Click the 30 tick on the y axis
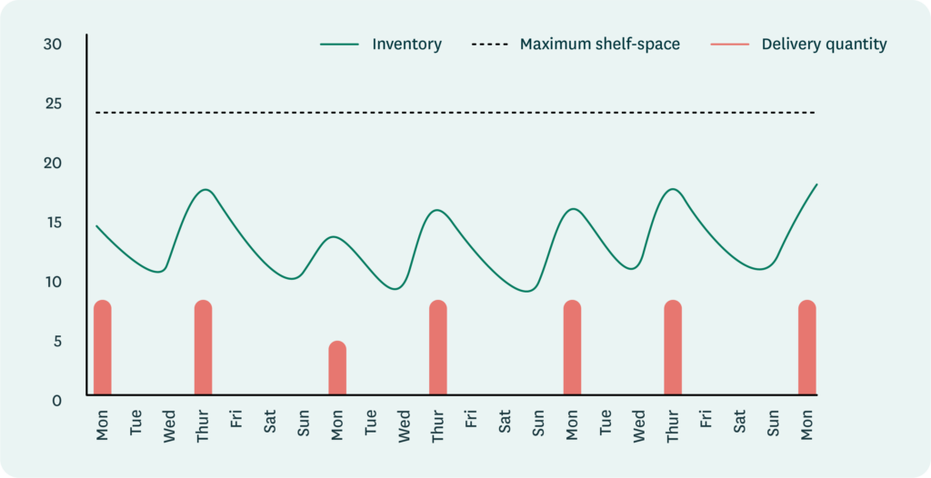54,44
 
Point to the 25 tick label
54,104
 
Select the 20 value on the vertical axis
54,164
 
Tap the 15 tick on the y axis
54,223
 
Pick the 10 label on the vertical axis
54,282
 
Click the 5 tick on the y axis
57,341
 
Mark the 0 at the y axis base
57,399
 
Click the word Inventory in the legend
406,44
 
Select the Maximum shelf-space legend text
599,44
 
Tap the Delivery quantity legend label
824,44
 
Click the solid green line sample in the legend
341,44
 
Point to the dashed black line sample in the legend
490,44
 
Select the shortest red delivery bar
337,368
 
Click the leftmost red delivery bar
103,348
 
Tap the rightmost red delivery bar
807,348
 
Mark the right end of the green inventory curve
816,184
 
